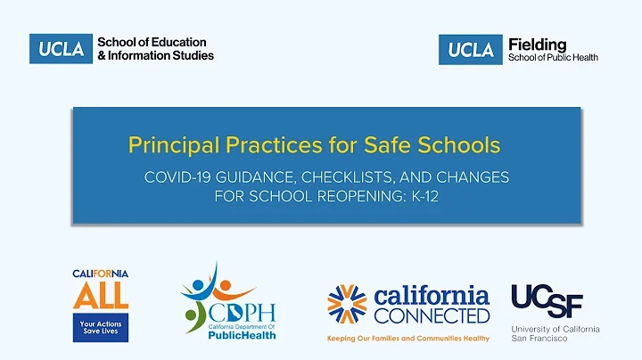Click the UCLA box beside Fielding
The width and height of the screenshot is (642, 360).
pyautogui.click(x=469, y=49)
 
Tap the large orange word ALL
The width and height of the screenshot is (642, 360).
pyautogui.click(x=100, y=293)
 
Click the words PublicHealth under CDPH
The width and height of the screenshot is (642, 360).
pyautogui.click(x=243, y=335)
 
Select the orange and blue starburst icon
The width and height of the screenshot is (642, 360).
pyautogui.click(x=346, y=304)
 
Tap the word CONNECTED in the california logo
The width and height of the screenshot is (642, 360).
pyautogui.click(x=432, y=315)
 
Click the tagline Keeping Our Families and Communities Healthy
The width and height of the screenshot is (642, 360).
pyautogui.click(x=407, y=339)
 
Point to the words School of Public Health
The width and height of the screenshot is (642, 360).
pyautogui.click(x=553, y=57)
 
